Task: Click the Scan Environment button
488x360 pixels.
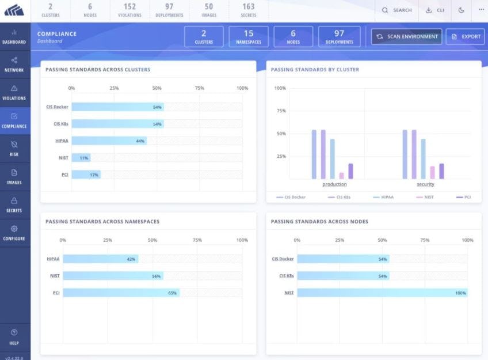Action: click(406, 36)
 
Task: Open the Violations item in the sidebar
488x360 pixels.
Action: click(14, 92)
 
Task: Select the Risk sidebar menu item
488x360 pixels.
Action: click(14, 149)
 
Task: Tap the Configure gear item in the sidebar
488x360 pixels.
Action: click(14, 233)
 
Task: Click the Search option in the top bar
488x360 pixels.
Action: click(397, 10)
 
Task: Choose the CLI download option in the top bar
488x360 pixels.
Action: click(435, 10)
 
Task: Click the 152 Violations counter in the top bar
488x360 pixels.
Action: click(129, 10)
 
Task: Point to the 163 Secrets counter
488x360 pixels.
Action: click(248, 10)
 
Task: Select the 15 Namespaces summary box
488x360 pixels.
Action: click(249, 37)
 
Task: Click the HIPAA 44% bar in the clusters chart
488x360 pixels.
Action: click(109, 141)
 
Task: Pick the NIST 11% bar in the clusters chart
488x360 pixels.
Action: click(81, 157)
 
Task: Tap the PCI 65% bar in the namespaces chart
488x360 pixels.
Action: click(121, 293)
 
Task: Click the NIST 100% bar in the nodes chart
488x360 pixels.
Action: click(382, 293)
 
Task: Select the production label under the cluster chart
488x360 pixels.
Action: click(334, 184)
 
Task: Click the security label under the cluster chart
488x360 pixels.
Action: click(425, 184)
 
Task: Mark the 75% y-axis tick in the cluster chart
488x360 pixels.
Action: click(280, 111)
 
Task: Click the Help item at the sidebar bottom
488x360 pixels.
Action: click(14, 337)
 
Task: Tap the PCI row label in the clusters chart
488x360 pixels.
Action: click(65, 174)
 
